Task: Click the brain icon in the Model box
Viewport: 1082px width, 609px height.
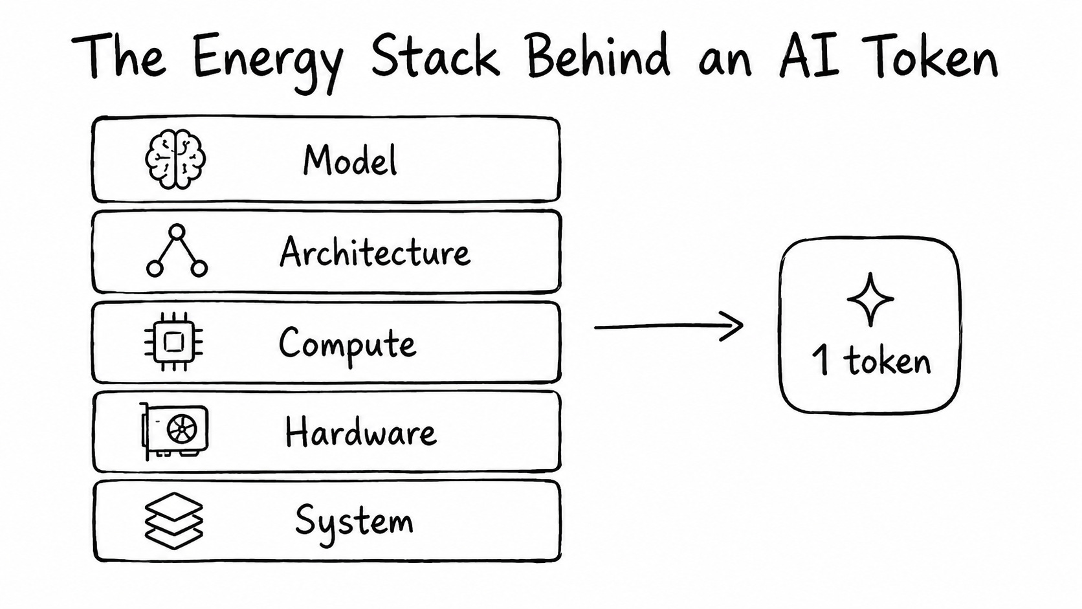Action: (x=175, y=159)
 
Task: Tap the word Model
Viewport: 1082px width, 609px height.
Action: (x=350, y=160)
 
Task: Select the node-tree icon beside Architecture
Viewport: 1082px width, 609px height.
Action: (x=177, y=250)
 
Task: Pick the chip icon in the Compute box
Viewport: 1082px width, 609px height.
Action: (x=174, y=342)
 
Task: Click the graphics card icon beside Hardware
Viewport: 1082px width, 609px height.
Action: (x=174, y=431)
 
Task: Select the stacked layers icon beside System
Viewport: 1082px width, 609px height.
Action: (x=174, y=520)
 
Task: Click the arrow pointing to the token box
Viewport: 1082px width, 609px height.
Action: (x=668, y=326)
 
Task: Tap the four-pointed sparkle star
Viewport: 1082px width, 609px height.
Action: (x=870, y=300)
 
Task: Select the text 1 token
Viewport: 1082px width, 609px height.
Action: (x=872, y=360)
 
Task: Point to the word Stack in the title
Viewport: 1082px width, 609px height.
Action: (x=436, y=56)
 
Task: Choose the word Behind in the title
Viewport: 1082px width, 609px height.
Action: (x=599, y=55)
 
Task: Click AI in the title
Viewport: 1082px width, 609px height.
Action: (x=809, y=56)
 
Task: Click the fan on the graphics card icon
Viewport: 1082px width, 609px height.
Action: (x=182, y=429)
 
